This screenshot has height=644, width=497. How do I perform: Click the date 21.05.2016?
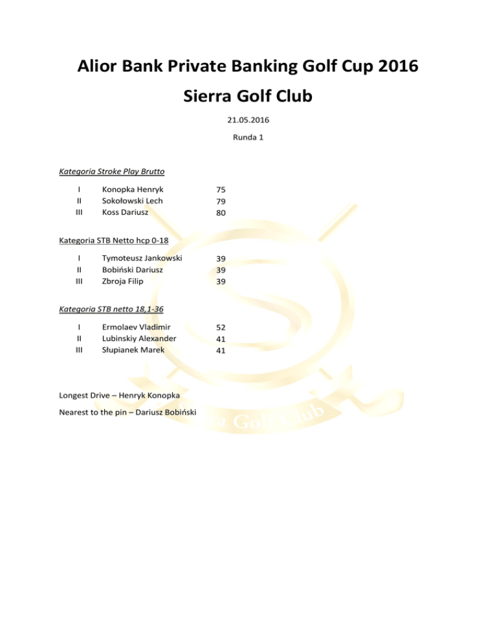pos(248,120)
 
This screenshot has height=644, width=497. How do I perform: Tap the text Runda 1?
pos(248,137)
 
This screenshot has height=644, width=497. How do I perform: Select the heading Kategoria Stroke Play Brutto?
pos(111,172)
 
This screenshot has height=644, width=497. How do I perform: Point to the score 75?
pos(221,189)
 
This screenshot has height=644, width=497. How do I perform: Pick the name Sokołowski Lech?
pos(137,201)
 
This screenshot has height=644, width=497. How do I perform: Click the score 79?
pos(221,201)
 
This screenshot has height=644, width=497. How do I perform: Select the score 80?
pos(221,213)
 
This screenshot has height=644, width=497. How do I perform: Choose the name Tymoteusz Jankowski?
pos(142,258)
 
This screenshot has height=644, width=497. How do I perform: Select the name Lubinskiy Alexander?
pos(139,338)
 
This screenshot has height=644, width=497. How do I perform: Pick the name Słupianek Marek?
pos(134,350)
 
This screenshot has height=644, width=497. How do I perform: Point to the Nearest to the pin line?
pos(128,413)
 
